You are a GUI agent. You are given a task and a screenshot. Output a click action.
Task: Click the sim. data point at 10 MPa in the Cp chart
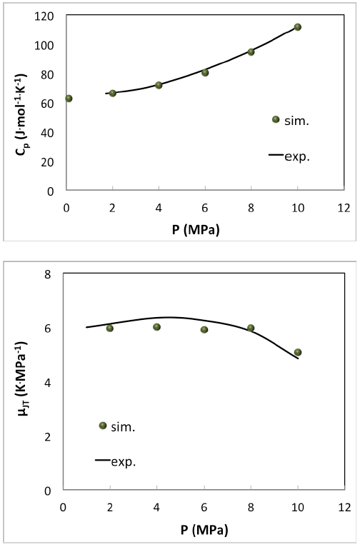pyautogui.click(x=298, y=27)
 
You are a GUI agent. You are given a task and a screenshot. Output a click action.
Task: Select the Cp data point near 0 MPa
pyautogui.click(x=69, y=99)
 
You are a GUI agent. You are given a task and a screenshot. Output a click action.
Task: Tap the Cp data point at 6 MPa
pyautogui.click(x=205, y=73)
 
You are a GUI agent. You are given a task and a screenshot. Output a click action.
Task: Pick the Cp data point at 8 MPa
pyautogui.click(x=251, y=52)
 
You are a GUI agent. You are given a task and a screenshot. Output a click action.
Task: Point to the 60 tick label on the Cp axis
pyautogui.click(x=49, y=104)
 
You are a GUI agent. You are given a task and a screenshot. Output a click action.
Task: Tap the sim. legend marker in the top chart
pyautogui.click(x=276, y=119)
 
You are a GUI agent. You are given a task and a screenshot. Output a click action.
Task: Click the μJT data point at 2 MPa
pyautogui.click(x=110, y=328)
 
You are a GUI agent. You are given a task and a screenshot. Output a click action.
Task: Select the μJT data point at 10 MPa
pyautogui.click(x=298, y=353)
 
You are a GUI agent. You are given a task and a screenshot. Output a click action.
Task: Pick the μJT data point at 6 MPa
pyautogui.click(x=204, y=330)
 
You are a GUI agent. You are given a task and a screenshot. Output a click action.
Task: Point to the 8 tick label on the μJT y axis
pyautogui.click(x=49, y=275)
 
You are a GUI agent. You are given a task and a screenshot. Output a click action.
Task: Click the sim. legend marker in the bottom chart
pyautogui.click(x=103, y=426)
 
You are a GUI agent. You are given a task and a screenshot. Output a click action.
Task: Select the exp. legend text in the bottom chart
pyautogui.click(x=123, y=462)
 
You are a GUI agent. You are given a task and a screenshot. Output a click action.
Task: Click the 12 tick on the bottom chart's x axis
pyautogui.click(x=344, y=508)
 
